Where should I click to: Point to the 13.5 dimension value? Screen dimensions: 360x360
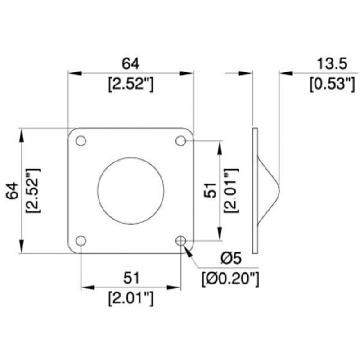pyautogui.click(x=332, y=63)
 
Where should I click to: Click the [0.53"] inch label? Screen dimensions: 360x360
pyautogui.click(x=332, y=84)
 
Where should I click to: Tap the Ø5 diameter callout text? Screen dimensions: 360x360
pyautogui.click(x=231, y=258)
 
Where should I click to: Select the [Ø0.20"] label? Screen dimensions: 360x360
pyautogui.click(x=230, y=279)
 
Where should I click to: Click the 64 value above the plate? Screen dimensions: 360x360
pyautogui.click(x=130, y=63)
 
